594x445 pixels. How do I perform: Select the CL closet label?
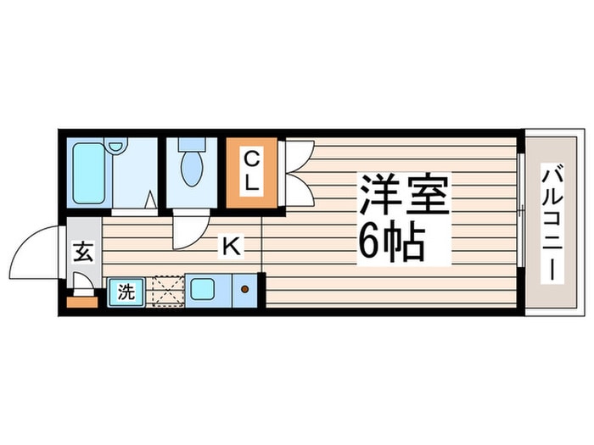[x=252, y=170]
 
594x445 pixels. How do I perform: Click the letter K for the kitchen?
[x=230, y=247]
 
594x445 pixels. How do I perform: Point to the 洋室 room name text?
[x=403, y=197]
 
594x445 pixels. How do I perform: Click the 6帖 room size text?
[x=391, y=243]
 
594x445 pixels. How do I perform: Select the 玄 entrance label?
[x=83, y=253]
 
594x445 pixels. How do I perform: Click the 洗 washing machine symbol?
[x=126, y=293]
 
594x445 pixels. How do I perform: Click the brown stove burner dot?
[x=245, y=290]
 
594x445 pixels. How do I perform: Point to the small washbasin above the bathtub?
[x=116, y=147]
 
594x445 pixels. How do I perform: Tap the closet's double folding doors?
[x=298, y=172]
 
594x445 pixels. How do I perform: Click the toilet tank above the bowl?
[x=192, y=145]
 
